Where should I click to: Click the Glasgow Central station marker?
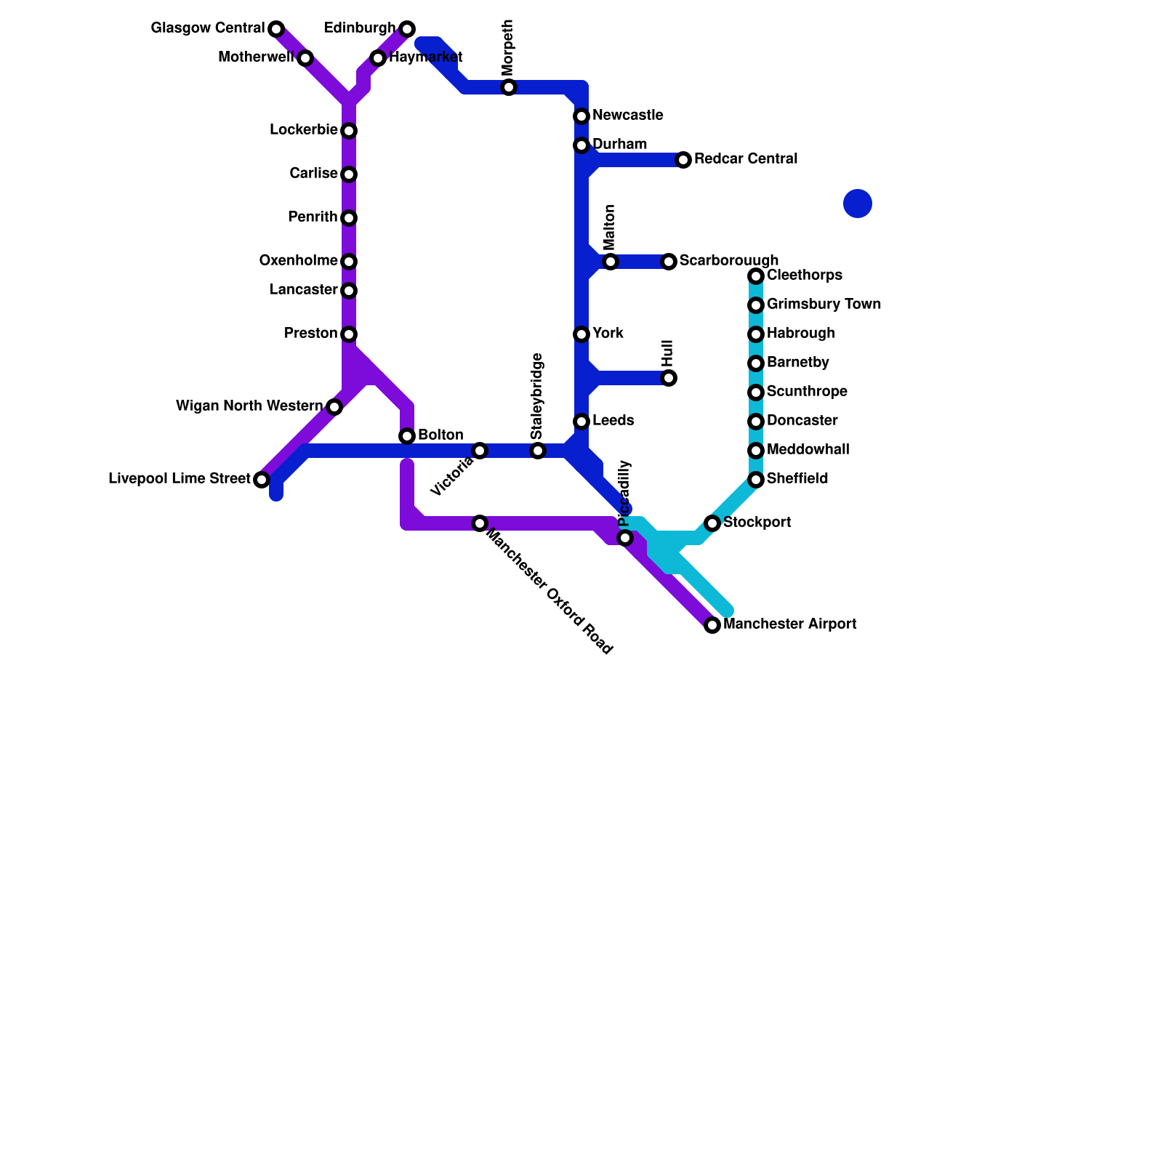click(276, 29)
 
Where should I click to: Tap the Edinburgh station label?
click(360, 28)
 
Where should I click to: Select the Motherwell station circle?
click(305, 58)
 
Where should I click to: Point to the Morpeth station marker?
click(509, 87)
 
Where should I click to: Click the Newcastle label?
click(627, 115)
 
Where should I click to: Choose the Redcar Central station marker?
click(683, 160)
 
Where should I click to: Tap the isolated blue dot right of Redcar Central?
click(858, 204)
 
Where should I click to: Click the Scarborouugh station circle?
click(669, 262)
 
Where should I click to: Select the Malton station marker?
click(611, 262)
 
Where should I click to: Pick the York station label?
click(608, 333)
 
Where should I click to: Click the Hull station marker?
click(669, 378)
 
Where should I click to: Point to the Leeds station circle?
click(581, 422)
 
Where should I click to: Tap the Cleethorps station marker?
click(756, 276)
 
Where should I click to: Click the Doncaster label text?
click(802, 420)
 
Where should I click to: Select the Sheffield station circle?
click(756, 480)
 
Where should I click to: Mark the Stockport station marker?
click(712, 523)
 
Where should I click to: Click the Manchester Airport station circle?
click(712, 625)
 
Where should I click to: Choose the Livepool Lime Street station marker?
click(262, 480)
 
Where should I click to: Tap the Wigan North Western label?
click(249, 406)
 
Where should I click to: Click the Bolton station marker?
click(407, 436)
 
